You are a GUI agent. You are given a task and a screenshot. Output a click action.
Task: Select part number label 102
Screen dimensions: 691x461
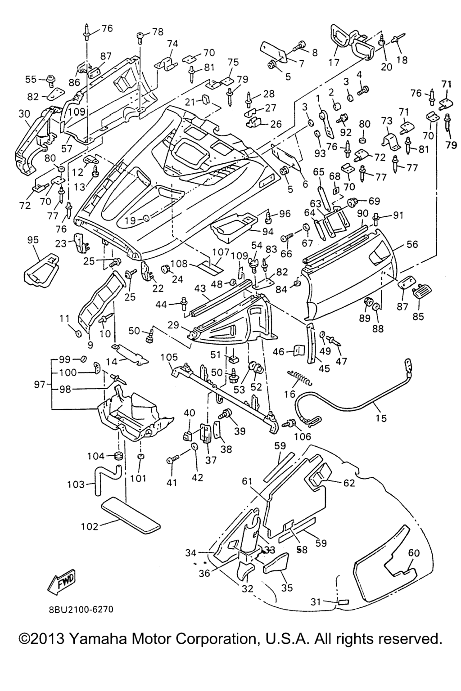(90, 526)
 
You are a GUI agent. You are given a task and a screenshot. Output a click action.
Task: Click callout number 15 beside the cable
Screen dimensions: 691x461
(380, 418)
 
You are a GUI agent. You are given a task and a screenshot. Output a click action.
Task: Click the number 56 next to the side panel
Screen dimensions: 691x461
(412, 244)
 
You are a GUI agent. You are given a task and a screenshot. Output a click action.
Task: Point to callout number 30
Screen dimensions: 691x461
(24, 114)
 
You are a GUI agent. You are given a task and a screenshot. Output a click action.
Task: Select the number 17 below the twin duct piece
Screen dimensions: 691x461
(334, 63)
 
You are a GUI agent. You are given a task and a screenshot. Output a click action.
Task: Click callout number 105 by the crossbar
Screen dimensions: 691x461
(169, 357)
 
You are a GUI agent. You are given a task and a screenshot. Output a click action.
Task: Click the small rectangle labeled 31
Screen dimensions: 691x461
(343, 601)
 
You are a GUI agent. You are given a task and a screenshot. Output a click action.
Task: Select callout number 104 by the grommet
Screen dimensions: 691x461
(95, 456)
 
